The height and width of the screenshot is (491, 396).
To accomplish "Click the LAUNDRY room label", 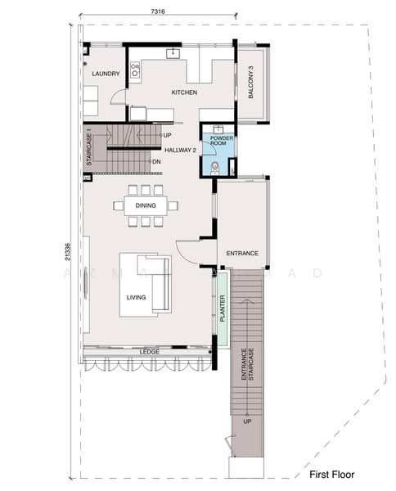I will pyautogui.click(x=106, y=74).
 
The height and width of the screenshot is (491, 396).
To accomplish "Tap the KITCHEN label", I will pyautogui.click(x=184, y=93).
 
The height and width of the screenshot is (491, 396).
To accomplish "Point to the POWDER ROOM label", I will pyautogui.click(x=223, y=140).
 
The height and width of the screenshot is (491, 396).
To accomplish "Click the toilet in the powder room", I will pyautogui.click(x=214, y=168).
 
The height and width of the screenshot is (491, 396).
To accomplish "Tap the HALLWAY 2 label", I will pyautogui.click(x=180, y=150).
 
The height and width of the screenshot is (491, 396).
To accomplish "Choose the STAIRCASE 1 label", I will pyautogui.click(x=89, y=149).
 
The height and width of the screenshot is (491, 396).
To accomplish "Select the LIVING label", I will pyautogui.click(x=136, y=297).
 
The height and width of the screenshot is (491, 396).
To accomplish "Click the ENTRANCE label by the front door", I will pyautogui.click(x=242, y=254).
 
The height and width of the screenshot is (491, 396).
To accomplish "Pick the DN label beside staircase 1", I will pyautogui.click(x=156, y=161).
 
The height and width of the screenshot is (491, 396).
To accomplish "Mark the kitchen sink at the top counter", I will pyautogui.click(x=173, y=55).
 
